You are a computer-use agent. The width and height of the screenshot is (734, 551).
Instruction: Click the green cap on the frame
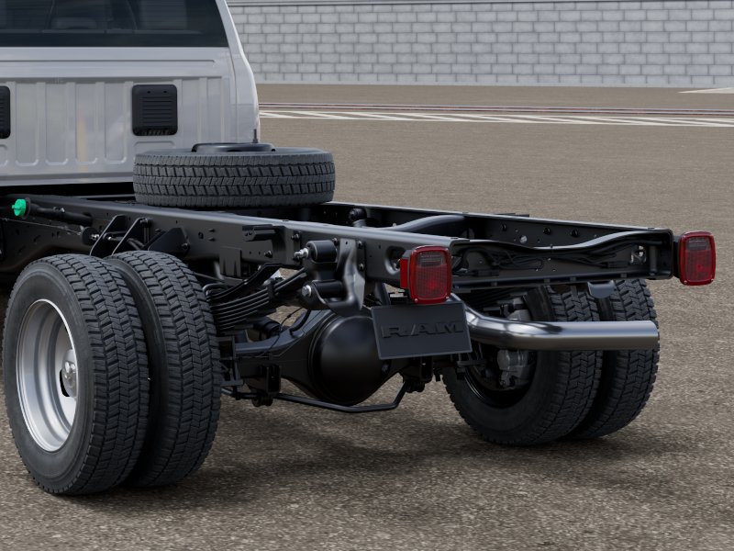[x=19, y=208]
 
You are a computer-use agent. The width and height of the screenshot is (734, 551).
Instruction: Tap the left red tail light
[x=427, y=275]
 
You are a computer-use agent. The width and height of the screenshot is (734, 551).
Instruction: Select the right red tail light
[x=696, y=258]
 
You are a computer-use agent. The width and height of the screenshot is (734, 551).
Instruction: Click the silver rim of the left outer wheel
[x=48, y=375]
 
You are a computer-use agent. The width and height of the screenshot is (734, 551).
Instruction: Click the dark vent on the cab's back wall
[x=154, y=110]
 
